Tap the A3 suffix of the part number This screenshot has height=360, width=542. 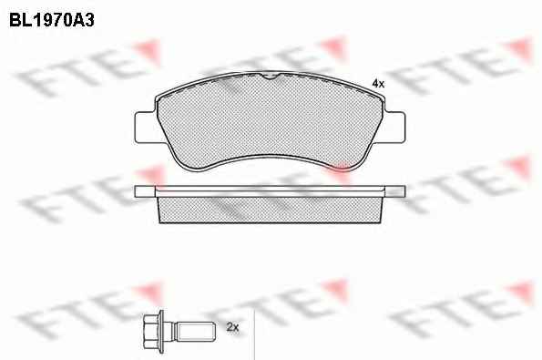(83, 20)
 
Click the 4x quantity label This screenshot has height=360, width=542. (378, 83)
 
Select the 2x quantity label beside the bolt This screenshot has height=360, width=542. (232, 327)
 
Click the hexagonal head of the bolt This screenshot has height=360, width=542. (150, 332)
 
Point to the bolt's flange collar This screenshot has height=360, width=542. (161, 332)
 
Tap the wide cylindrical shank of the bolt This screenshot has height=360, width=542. (196, 332)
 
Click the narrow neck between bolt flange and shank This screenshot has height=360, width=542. (170, 332)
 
